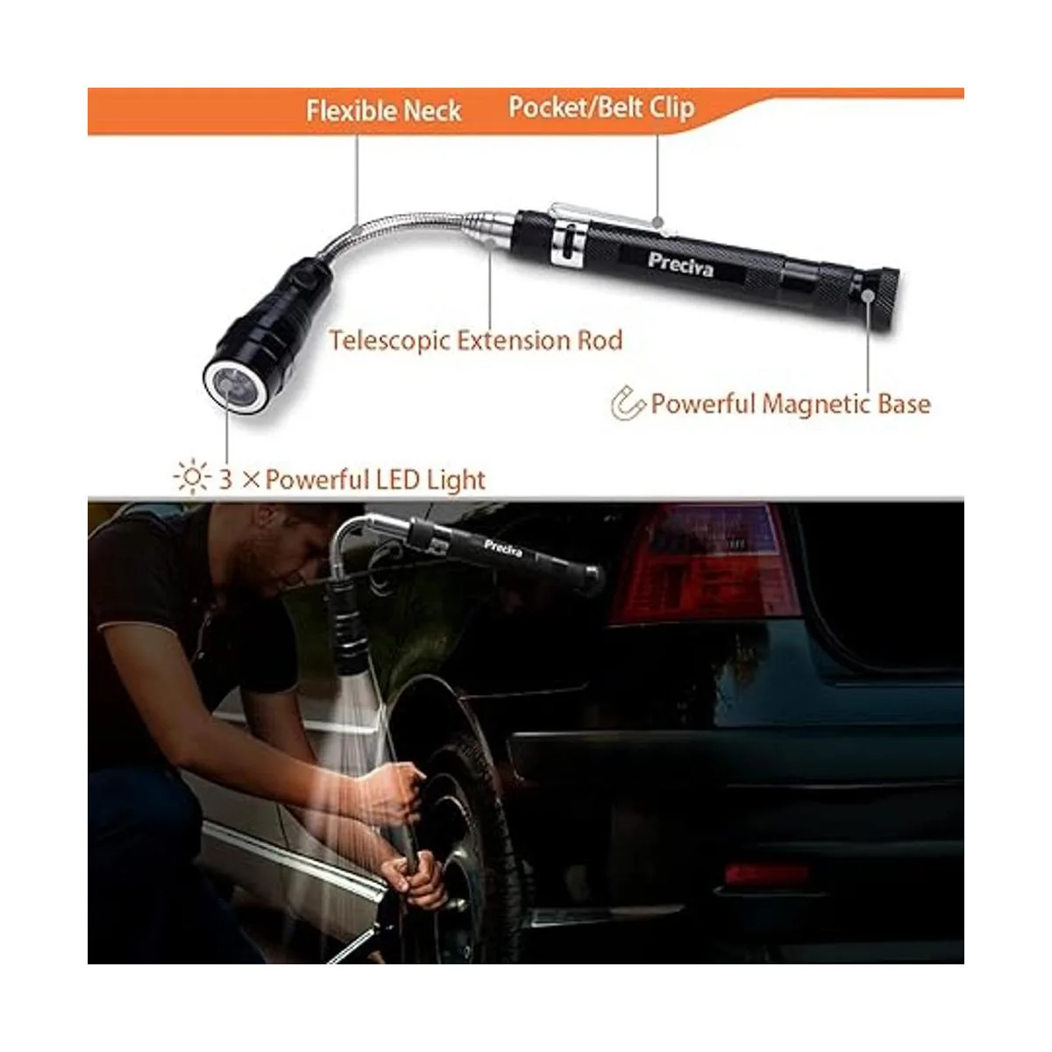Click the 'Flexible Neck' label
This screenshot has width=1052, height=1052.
tap(384, 110)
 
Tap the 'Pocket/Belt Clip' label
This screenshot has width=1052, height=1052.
tap(601, 108)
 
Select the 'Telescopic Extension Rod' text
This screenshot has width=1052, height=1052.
tap(475, 341)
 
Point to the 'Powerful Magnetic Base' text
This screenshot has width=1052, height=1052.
tap(791, 404)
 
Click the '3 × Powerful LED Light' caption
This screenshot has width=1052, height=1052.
tap(352, 480)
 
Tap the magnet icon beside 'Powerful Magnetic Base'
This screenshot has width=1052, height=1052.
tap(629, 403)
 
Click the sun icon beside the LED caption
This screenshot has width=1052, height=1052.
tap(192, 479)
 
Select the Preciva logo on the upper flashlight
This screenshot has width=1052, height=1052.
tap(681, 266)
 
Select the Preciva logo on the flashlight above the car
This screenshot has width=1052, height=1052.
tap(503, 548)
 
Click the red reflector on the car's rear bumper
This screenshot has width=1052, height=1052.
tap(767, 874)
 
